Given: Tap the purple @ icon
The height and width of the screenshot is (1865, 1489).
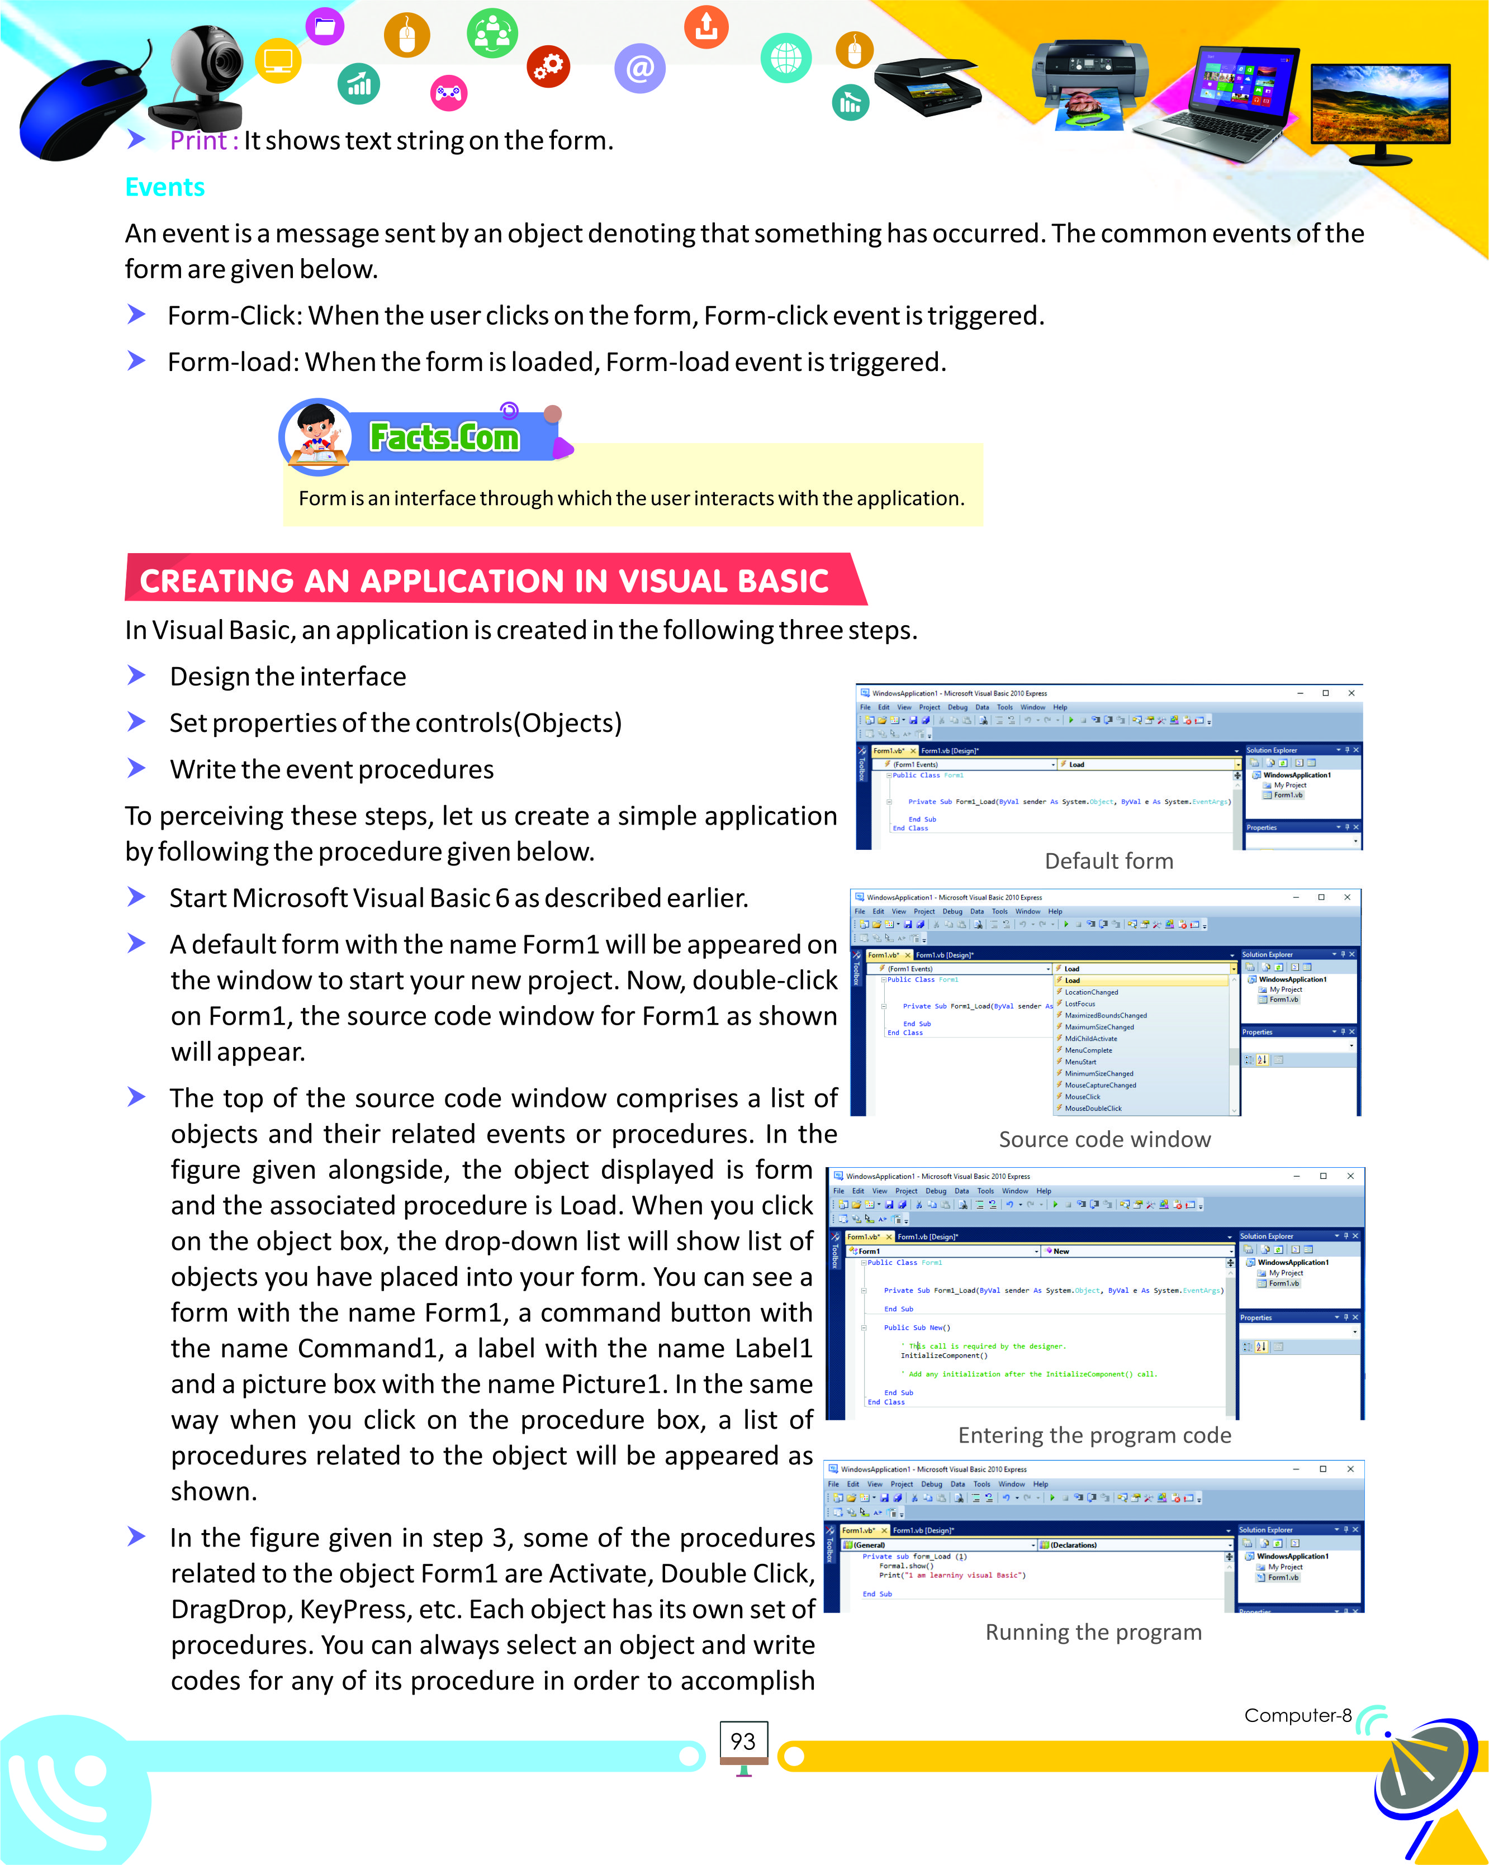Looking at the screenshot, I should pyautogui.click(x=639, y=68).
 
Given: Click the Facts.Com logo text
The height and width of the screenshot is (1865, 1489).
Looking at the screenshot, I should pyautogui.click(x=444, y=437).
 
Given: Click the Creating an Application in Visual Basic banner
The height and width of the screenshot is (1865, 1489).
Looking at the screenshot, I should pyautogui.click(x=485, y=581).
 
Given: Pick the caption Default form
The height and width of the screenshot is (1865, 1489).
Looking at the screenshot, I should pyautogui.click(x=1108, y=860).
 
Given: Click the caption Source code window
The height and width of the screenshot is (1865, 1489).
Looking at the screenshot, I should pyautogui.click(x=1104, y=1139).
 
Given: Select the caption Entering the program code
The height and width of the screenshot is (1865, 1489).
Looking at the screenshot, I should pyautogui.click(x=1094, y=1435).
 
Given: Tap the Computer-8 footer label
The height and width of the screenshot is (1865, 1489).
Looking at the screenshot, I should pyautogui.click(x=1297, y=1715).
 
